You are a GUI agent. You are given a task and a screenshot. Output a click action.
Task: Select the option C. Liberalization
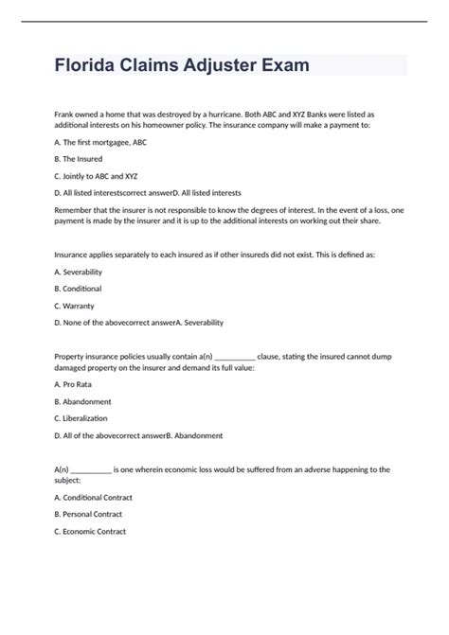coord(81,418)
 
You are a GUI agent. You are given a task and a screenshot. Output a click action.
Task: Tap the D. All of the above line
coord(138,435)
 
